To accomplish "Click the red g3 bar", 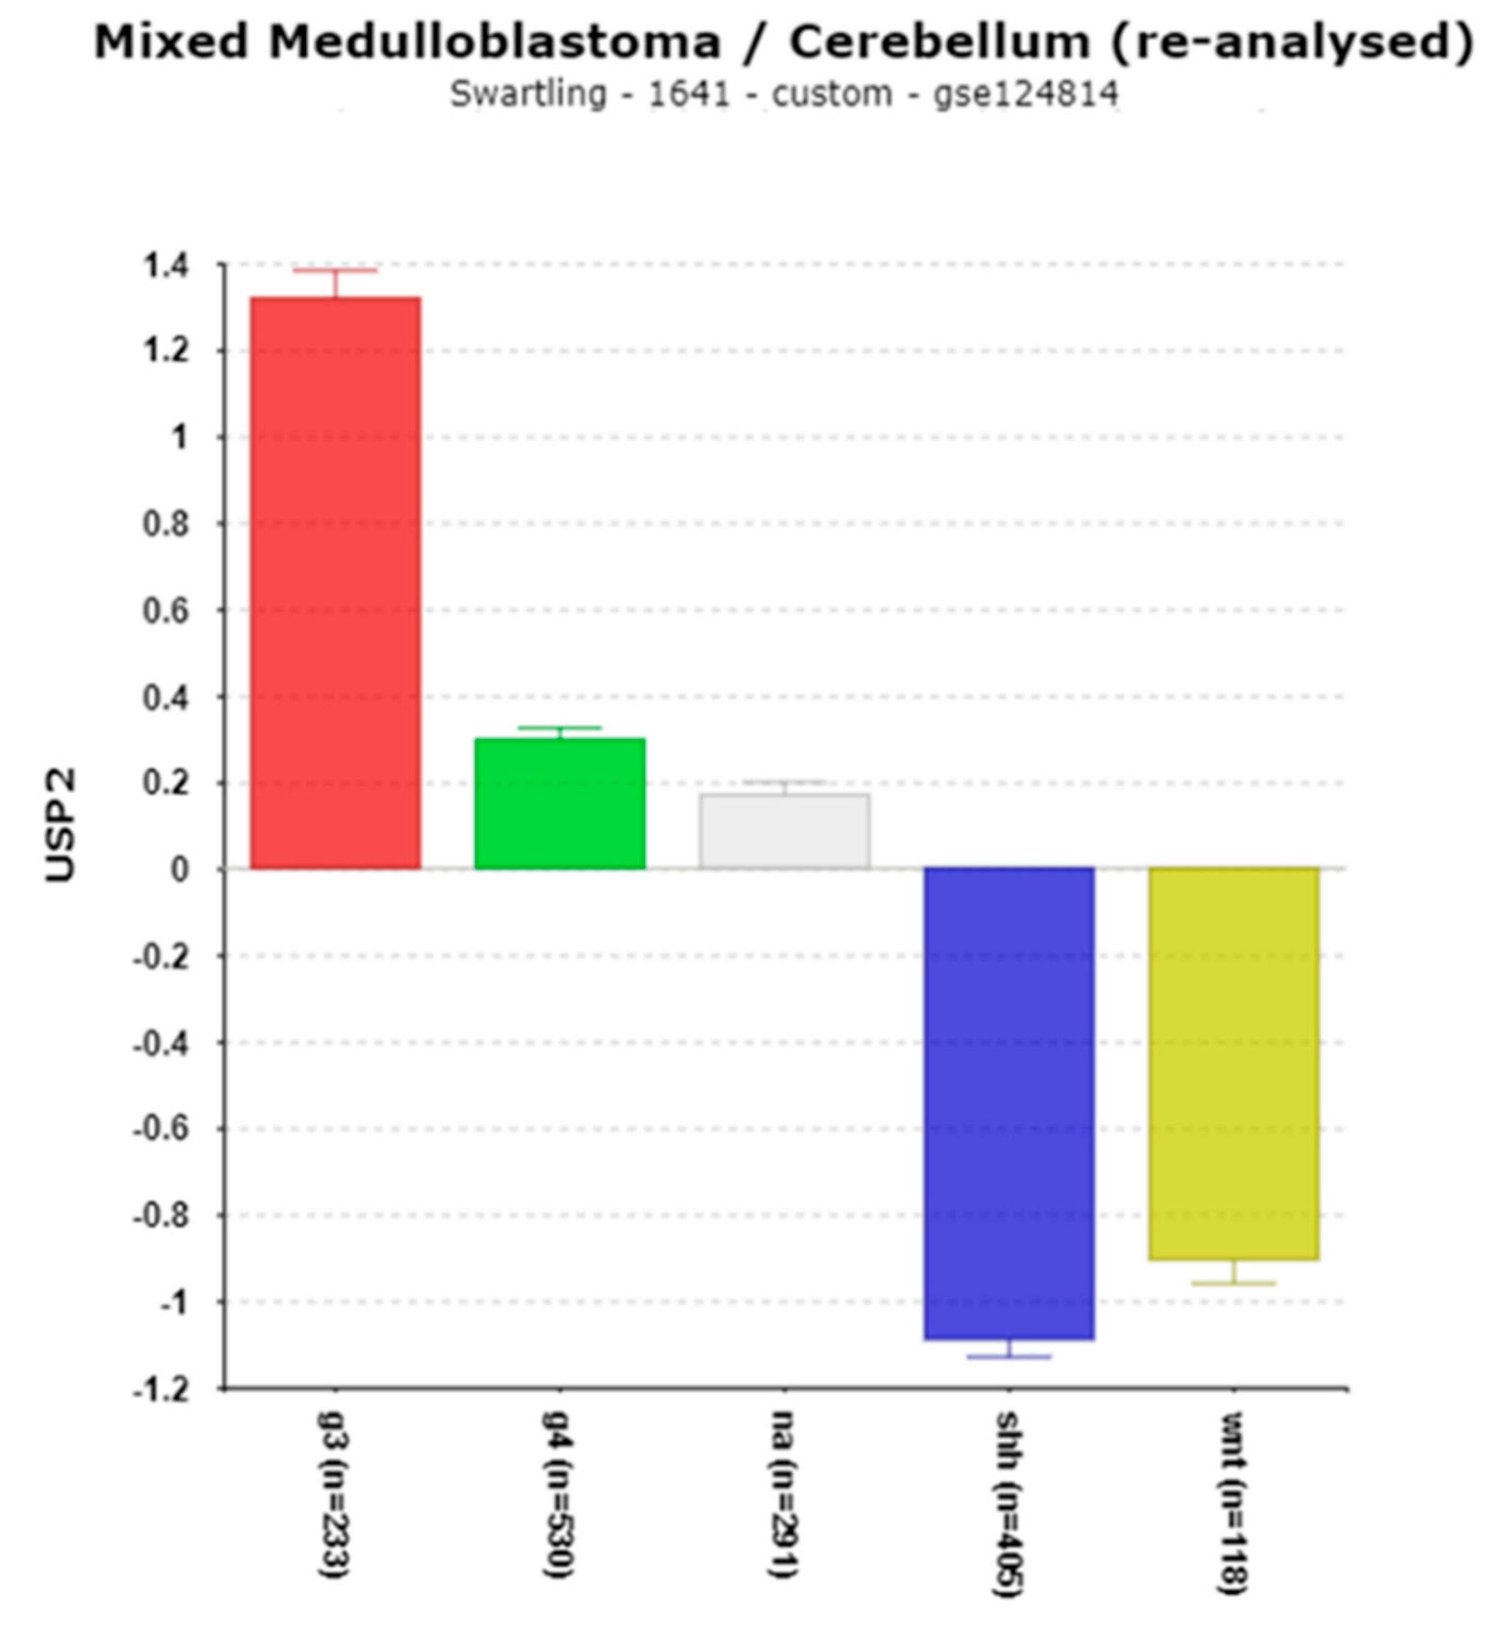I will click(x=335, y=583).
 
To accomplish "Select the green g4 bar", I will click(x=560, y=803).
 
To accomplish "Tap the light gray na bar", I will click(x=785, y=831).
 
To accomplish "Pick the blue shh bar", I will click(x=1009, y=1103).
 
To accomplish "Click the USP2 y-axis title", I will click(x=61, y=825).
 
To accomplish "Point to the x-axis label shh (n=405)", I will click(x=1008, y=1504).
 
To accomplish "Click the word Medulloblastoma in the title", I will click(x=495, y=43).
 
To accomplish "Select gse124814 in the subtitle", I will click(x=1025, y=94).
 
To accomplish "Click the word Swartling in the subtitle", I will click(x=528, y=94).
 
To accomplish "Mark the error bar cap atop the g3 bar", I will click(x=335, y=270).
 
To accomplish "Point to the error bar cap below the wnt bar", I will click(x=1234, y=1283).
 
